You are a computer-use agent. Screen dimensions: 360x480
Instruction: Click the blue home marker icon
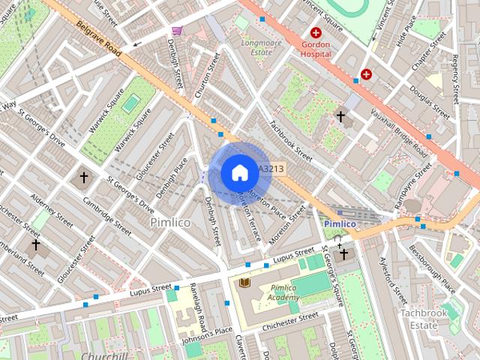239,172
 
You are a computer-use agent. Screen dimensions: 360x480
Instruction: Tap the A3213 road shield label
271,169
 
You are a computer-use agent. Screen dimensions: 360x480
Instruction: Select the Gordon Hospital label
316,49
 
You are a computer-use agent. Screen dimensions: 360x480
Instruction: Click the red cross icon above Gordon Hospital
316,33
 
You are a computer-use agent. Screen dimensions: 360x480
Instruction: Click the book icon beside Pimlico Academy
244,282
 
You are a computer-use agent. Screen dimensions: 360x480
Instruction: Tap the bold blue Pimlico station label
340,223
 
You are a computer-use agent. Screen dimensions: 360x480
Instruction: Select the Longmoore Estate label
261,47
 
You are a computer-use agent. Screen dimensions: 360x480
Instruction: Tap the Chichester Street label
289,319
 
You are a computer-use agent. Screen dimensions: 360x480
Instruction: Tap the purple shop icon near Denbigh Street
177,31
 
